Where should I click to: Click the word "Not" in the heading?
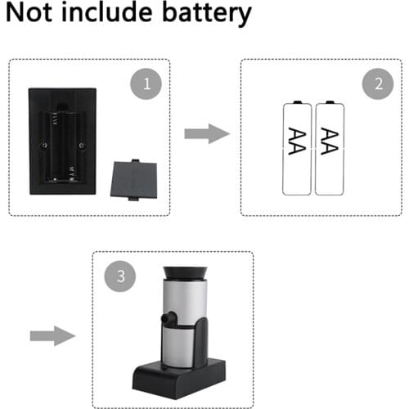coord(29,12)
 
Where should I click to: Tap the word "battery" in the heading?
coord(207,14)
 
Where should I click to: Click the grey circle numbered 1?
coord(146,83)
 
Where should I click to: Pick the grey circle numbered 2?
coord(378,83)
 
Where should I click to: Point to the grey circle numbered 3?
coord(120,276)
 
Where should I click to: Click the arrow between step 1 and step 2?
coord(207,133)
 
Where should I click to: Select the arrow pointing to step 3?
coord(52,336)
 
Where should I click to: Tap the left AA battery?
coord(297,148)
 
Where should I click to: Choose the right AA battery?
coord(330,148)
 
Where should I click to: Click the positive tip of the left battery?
coord(297,102)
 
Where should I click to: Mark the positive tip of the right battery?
coord(330,102)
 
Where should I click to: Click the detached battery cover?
coord(134,180)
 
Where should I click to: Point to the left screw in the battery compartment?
coord(44,146)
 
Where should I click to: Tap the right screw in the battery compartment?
coord(82,146)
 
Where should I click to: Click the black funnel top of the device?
coord(185,273)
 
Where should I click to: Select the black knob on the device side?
coord(169,317)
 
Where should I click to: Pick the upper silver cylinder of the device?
coord(185,302)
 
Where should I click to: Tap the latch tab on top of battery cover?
coord(136,160)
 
